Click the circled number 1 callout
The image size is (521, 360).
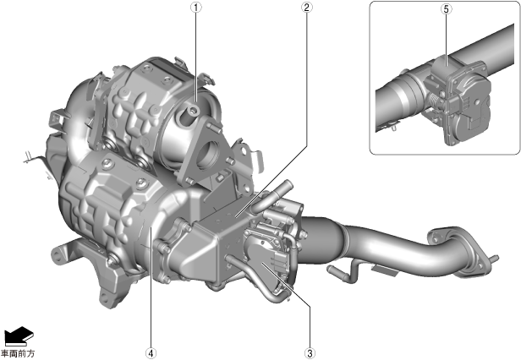coord(196,7)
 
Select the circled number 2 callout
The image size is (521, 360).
coord(306,7)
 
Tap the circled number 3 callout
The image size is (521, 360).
coord(310,353)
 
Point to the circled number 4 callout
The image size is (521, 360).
coord(151,353)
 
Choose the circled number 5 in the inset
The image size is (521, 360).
coord(447,9)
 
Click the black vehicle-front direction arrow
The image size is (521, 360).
coord(19,335)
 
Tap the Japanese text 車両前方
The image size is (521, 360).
coord(18,353)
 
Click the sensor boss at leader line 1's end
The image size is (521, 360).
coord(189,114)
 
